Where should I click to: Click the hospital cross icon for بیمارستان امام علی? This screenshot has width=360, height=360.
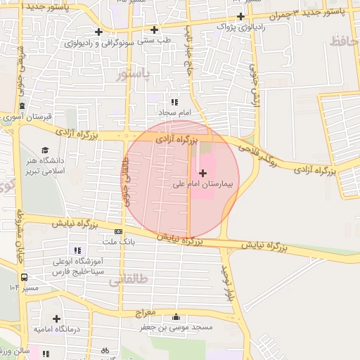(203, 173)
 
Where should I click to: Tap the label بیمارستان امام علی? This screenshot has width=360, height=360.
(206, 185)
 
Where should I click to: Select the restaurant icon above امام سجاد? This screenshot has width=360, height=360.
(174, 102)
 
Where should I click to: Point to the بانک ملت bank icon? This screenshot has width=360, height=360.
(118, 231)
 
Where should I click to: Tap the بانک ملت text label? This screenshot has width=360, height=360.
(117, 242)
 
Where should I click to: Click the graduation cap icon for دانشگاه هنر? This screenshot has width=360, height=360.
(45, 150)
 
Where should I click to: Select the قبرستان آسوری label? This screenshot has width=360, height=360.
(23, 117)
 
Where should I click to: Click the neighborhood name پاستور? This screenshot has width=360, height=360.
(134, 75)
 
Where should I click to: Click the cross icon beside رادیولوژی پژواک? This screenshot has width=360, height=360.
(240, 16)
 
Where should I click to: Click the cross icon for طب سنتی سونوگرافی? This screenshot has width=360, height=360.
(98, 32)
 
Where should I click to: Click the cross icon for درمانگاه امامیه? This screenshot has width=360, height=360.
(56, 319)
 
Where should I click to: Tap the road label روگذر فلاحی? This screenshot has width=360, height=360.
(259, 153)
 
